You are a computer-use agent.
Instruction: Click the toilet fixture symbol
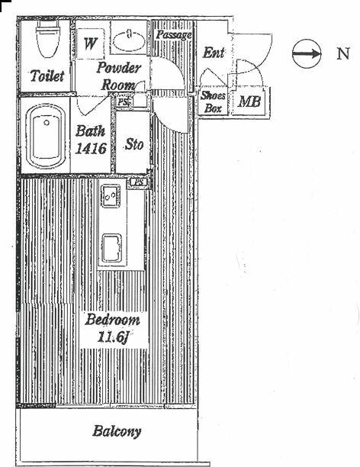pos(47,40)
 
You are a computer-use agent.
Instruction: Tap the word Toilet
pos(47,76)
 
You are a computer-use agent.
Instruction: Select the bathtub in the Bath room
pos(46,137)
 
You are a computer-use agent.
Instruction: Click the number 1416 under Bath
pos(91,148)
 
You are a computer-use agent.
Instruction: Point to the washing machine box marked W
pos(90,43)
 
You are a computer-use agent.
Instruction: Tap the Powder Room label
pos(118,76)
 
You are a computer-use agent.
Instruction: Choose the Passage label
pos(174,35)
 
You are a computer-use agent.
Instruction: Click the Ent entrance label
pos(214,53)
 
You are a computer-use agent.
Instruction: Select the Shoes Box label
pos(213,101)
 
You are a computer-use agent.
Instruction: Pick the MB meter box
pos(249,101)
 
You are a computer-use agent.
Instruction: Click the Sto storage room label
pos(134,144)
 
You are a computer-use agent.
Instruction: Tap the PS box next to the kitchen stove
pos(139,182)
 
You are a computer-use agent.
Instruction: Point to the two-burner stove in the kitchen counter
pos(111,195)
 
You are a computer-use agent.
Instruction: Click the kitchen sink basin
pos(111,248)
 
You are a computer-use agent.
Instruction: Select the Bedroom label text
pos(112,320)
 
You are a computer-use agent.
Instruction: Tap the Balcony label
pos(117,432)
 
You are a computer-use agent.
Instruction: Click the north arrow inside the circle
pos(307,54)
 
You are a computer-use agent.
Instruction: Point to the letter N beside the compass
pos(342,53)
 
